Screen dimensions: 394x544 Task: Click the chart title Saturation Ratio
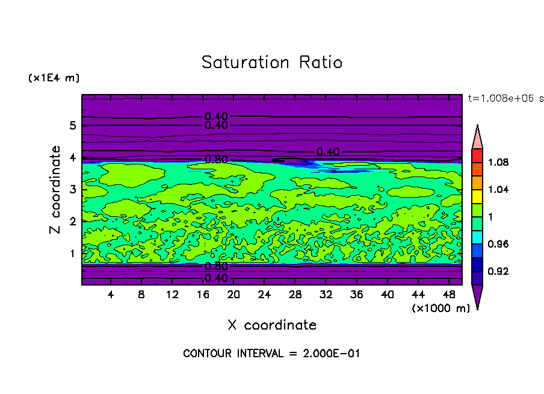272,63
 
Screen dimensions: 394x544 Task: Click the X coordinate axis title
272,325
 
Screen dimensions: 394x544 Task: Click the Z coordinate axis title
55,190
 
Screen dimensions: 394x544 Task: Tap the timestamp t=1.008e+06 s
505,98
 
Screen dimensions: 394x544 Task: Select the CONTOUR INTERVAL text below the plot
271,354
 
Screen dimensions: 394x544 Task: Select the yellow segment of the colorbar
477,196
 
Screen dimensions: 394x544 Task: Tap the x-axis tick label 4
111,295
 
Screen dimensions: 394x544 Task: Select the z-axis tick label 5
73,126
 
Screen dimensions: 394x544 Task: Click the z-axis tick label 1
73,254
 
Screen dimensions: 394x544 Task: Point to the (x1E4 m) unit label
54,78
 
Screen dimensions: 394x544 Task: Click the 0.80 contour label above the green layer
216,160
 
